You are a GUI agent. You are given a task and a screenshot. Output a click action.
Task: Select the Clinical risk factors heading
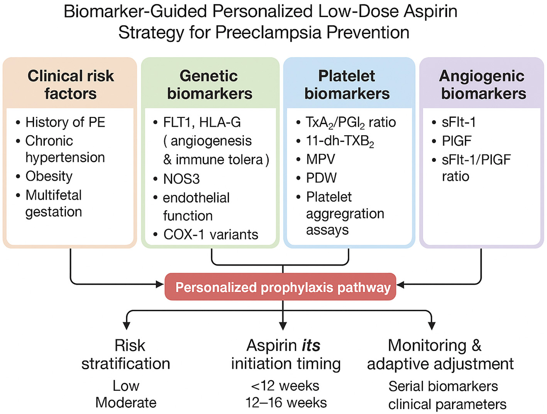pyautogui.click(x=70, y=85)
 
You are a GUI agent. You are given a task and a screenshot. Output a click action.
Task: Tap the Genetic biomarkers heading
pyautogui.click(x=210, y=85)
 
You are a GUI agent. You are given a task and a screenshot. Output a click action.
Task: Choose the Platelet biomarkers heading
pyautogui.click(x=347, y=85)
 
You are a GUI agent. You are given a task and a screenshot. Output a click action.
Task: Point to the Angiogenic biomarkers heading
pyautogui.click(x=483, y=85)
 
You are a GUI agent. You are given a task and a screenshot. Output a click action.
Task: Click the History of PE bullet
pyautogui.click(x=65, y=122)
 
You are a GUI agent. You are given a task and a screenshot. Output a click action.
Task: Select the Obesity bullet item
pyautogui.click(x=49, y=176)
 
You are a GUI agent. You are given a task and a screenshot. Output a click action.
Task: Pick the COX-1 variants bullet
pyautogui.click(x=210, y=234)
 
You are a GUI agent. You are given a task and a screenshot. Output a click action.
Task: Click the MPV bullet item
pyautogui.click(x=320, y=159)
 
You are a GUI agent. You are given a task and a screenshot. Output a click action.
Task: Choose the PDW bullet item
pyautogui.click(x=321, y=178)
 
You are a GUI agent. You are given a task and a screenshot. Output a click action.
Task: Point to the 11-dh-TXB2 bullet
pyautogui.click(x=340, y=141)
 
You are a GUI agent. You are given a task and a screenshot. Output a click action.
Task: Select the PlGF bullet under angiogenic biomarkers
pyautogui.click(x=457, y=141)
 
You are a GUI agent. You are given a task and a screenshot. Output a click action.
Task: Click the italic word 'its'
pyautogui.click(x=311, y=345)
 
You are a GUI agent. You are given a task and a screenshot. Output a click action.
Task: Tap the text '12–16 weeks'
pyautogui.click(x=286, y=402)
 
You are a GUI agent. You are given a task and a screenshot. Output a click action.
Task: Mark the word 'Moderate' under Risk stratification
pyautogui.click(x=126, y=402)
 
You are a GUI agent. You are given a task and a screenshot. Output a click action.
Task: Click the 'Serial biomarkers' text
pyautogui.click(x=443, y=386)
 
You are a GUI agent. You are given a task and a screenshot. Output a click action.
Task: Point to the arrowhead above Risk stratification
pyautogui.click(x=126, y=325)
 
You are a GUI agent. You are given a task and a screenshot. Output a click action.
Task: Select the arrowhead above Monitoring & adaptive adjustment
pyautogui.click(x=432, y=325)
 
